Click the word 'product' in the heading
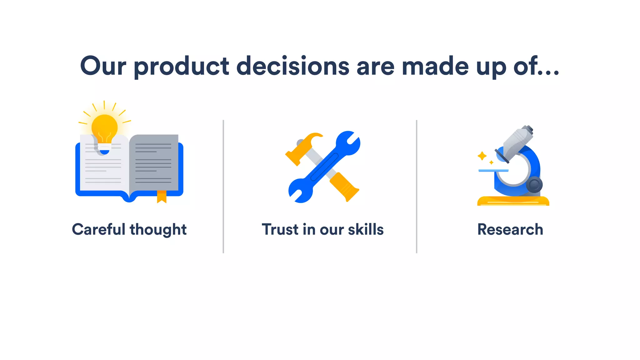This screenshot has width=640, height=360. pos(182,66)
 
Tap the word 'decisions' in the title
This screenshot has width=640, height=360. pos(292,66)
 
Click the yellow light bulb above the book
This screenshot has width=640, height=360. pos(104,128)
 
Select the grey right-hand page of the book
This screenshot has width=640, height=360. pos(154,162)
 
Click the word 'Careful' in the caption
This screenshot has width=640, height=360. pos(98,229)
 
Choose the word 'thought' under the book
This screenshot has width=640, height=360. pos(158,230)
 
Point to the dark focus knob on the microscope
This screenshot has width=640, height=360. pos(534,185)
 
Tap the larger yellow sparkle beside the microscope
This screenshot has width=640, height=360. pos(482,156)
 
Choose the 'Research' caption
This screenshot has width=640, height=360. pos(510,229)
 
